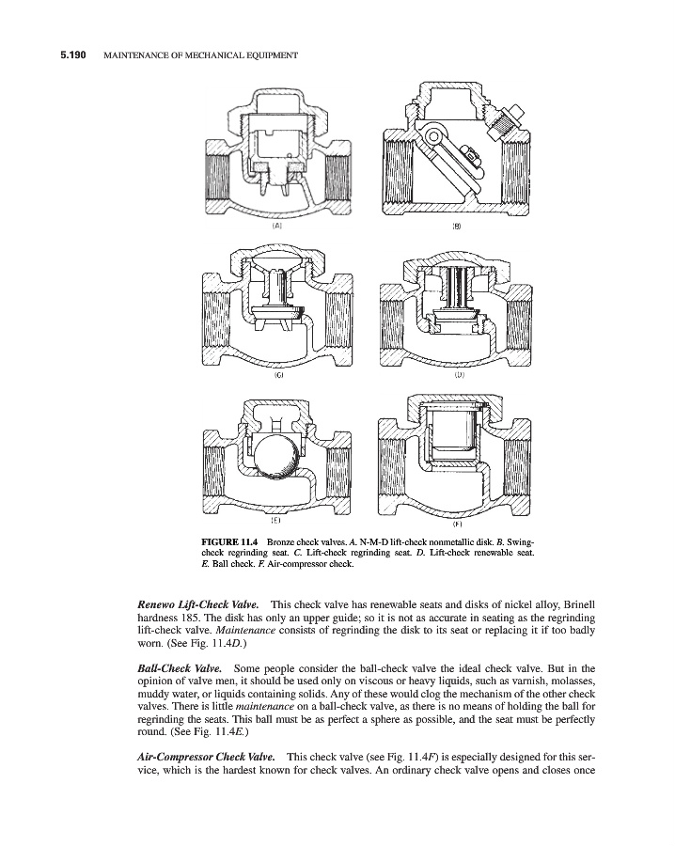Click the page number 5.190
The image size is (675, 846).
(x=68, y=56)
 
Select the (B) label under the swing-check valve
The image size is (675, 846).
(x=457, y=227)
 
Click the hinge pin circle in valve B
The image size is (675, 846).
(x=433, y=136)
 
